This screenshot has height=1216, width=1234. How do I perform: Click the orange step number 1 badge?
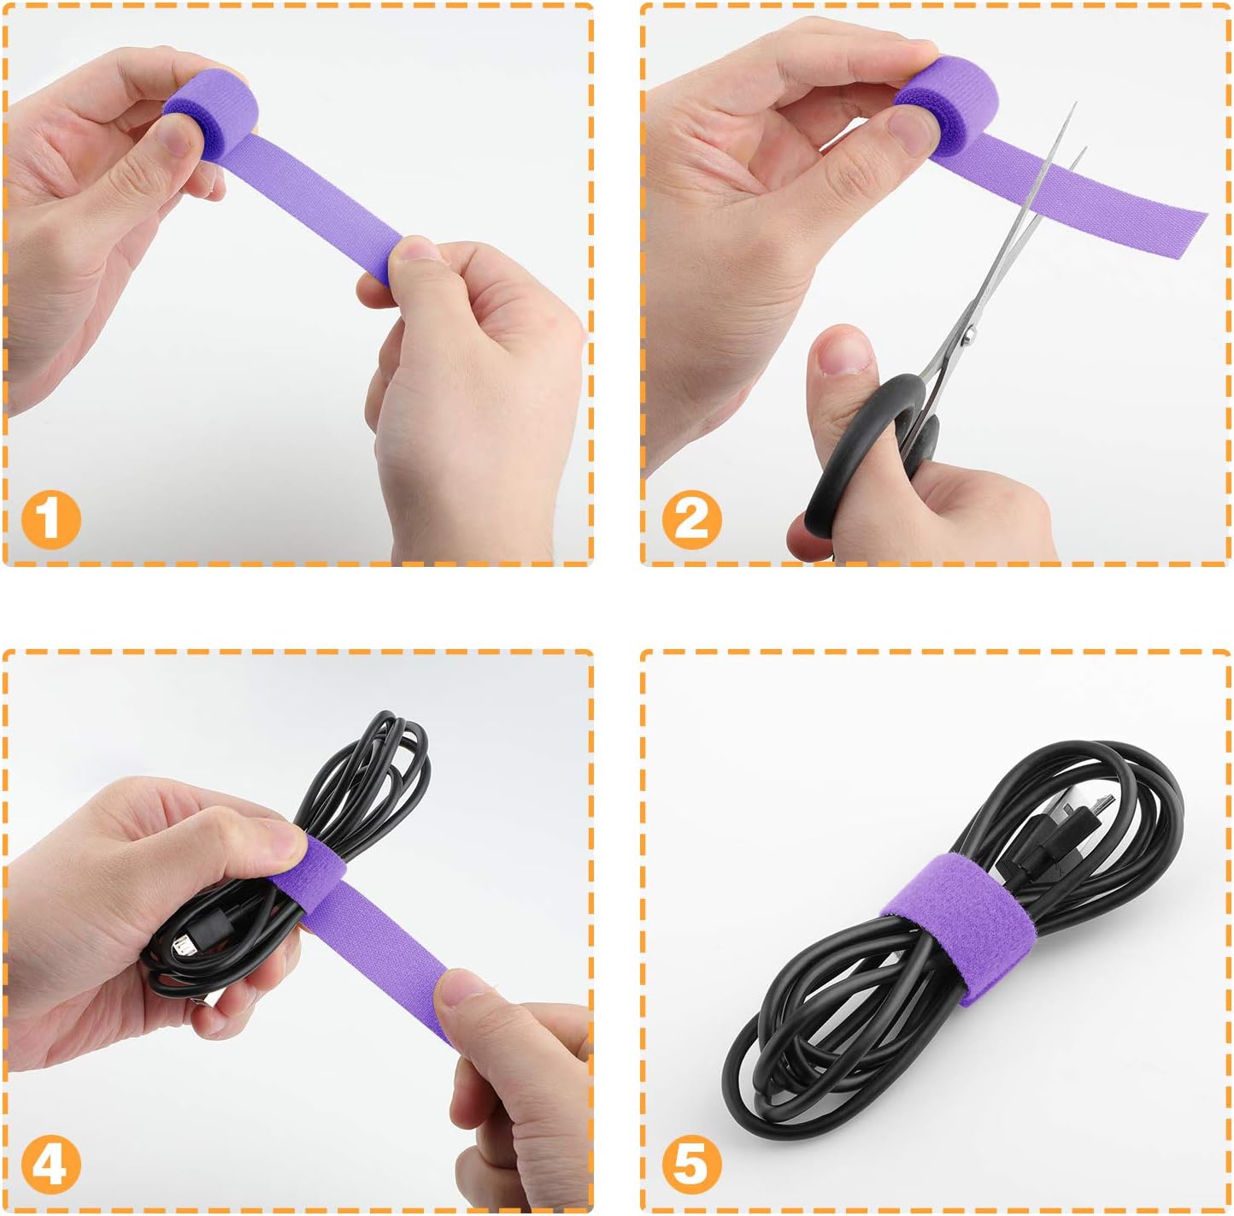pyautogui.click(x=50, y=520)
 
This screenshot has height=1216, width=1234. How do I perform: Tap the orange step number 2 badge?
pyautogui.click(x=691, y=520)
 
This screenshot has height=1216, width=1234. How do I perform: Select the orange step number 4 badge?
pyautogui.click(x=50, y=1165)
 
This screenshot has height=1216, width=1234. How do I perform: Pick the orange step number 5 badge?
pyautogui.click(x=691, y=1165)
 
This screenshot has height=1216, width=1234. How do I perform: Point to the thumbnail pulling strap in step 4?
pyautogui.click(x=466, y=989)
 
